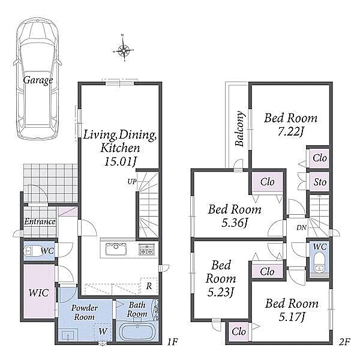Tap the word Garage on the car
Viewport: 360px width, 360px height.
coord(38,80)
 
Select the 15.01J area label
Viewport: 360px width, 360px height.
coord(121,161)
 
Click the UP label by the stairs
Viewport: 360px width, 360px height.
coord(132,182)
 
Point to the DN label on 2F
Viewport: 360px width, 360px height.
coord(301,227)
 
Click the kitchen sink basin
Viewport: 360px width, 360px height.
coord(116,249)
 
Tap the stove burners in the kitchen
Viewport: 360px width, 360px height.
coord(147,249)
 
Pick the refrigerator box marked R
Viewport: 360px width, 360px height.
coord(149,286)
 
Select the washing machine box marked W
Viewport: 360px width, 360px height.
coord(103,331)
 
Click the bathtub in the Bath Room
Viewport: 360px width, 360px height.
coord(137,332)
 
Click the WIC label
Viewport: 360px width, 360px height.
coord(39,293)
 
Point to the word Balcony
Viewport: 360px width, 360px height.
coord(239,128)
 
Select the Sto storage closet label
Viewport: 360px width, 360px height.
coord(320,182)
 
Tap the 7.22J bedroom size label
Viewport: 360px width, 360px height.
coord(291,131)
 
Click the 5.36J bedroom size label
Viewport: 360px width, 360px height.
coord(235,223)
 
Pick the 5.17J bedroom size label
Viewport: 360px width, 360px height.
coord(292,317)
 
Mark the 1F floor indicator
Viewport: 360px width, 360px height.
coord(172,342)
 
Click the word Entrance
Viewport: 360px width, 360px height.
coord(40,221)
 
